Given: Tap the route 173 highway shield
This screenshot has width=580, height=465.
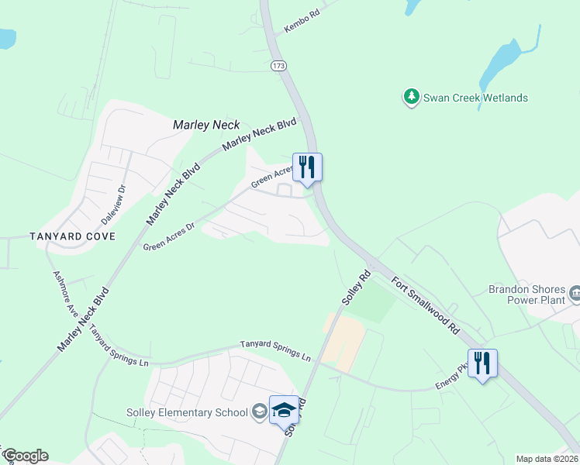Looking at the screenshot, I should [x=278, y=67].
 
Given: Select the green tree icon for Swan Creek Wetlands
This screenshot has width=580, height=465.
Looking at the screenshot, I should [x=409, y=98].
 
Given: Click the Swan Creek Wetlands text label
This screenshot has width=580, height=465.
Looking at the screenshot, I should [x=475, y=98].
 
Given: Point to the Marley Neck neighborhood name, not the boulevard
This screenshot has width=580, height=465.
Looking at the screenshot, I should [x=206, y=125].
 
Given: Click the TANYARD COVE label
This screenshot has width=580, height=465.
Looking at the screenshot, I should [x=72, y=236].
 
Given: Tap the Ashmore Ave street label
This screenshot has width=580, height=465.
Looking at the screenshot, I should [x=66, y=292].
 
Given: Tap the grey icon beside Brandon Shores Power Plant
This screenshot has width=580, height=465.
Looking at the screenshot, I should [x=575, y=293].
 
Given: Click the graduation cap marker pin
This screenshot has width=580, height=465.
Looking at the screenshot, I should [x=283, y=409].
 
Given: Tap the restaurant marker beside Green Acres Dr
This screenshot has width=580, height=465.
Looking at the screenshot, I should [x=307, y=167].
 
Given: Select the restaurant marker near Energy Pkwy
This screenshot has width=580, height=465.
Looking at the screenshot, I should [x=482, y=363].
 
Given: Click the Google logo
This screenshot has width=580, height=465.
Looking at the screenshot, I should [x=26, y=456].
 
